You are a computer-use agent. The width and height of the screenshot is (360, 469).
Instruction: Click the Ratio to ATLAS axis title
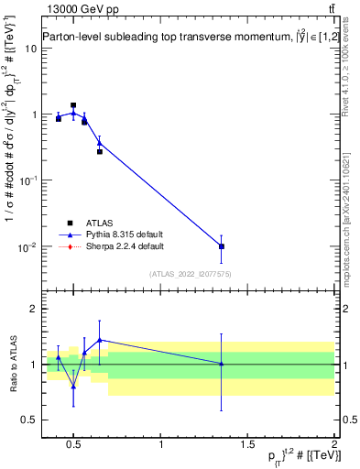(12, 365)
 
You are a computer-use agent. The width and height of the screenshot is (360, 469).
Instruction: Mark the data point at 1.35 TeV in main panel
(222, 246)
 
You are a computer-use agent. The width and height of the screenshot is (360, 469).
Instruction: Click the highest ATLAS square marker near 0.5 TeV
(73, 105)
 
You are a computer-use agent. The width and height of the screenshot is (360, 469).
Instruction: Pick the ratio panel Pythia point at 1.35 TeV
(222, 364)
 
